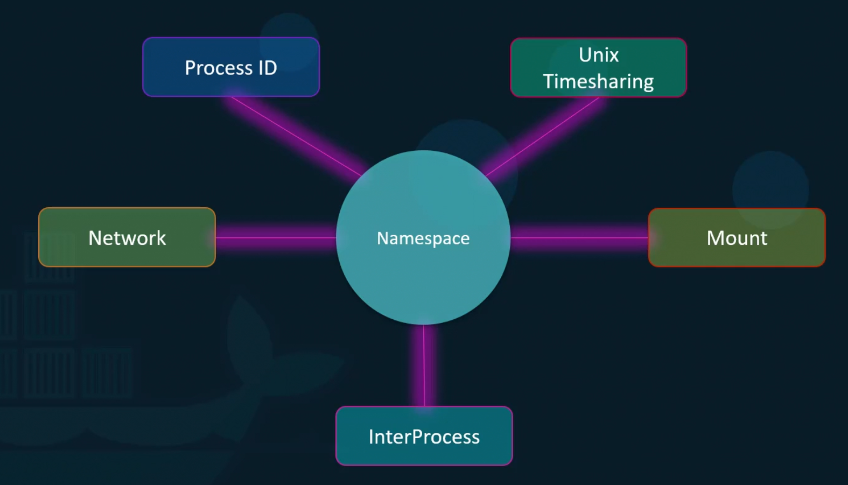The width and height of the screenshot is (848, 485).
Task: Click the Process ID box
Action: [231, 67]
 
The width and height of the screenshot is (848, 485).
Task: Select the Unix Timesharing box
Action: [599, 67]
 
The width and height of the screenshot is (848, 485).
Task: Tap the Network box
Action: [127, 237]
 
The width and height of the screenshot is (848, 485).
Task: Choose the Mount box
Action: [737, 237]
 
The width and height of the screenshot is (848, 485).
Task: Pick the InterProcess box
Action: [424, 436]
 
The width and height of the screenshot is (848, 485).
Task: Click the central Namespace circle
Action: [423, 237]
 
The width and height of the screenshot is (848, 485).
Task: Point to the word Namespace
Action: [423, 238]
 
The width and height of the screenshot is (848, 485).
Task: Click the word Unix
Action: [599, 55]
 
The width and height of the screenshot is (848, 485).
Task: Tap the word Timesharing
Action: [599, 81]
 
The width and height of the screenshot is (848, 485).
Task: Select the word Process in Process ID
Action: [219, 68]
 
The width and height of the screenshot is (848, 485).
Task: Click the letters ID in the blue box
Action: [268, 68]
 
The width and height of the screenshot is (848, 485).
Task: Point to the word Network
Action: [127, 238]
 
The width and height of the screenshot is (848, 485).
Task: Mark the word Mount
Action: [737, 238]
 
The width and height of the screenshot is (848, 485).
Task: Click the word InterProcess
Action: [424, 437]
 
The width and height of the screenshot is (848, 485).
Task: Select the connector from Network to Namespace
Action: [276, 238]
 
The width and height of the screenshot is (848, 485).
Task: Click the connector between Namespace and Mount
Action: [579, 238]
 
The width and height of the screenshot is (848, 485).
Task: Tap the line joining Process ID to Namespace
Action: [296, 137]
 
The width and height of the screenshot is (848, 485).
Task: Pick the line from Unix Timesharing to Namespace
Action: [543, 137]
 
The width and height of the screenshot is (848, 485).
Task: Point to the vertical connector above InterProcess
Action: [424, 365]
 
